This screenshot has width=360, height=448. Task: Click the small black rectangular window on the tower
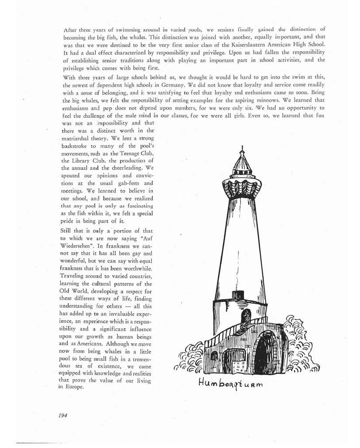(238, 295)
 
